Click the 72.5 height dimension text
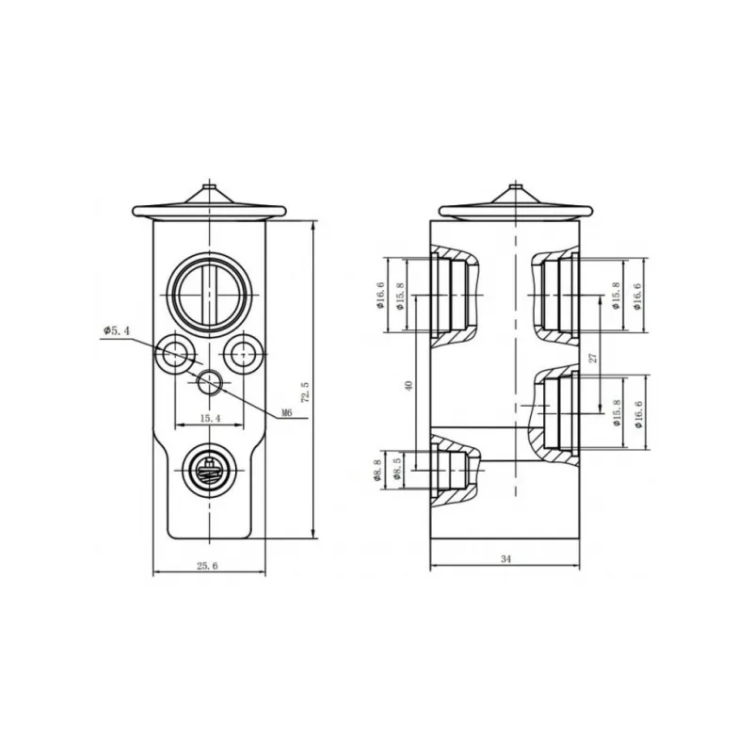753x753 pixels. click(305, 392)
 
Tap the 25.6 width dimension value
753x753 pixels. click(207, 566)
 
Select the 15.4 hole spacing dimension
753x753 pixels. click(210, 418)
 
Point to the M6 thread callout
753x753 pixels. click(286, 412)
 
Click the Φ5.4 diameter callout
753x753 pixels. click(116, 331)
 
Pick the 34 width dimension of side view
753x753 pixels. click(505, 559)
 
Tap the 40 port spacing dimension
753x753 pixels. click(409, 386)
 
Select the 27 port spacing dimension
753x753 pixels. click(593, 358)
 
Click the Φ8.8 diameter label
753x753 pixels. click(376, 470)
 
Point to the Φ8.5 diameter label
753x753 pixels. click(396, 470)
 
